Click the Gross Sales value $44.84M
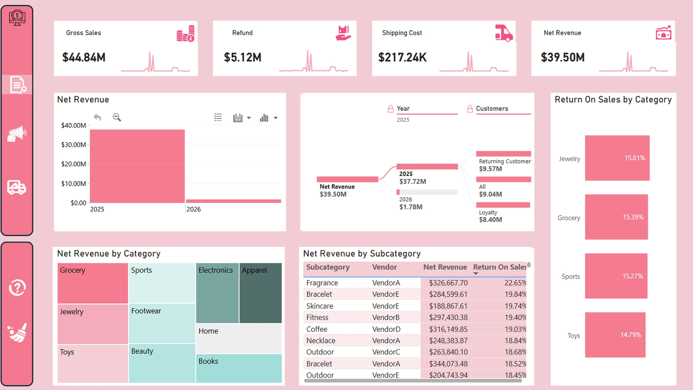(x=84, y=57)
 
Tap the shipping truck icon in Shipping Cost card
(x=504, y=34)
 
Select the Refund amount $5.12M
(x=243, y=57)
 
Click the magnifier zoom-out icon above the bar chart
(x=117, y=117)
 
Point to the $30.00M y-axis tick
(x=74, y=145)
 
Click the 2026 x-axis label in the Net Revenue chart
(x=193, y=209)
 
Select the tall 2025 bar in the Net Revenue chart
(x=137, y=166)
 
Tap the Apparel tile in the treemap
(x=260, y=292)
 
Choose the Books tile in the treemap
(x=239, y=368)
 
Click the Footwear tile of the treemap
(x=162, y=323)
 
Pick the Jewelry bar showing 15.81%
(x=617, y=158)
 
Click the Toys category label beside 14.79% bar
(x=573, y=335)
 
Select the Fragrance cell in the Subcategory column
(x=322, y=283)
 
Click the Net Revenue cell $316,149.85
(x=448, y=329)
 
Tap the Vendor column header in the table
(x=384, y=267)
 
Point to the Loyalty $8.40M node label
(x=490, y=216)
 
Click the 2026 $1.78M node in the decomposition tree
(x=411, y=203)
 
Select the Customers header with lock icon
(x=492, y=109)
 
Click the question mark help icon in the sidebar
(x=17, y=288)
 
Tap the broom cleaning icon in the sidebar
(x=17, y=333)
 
